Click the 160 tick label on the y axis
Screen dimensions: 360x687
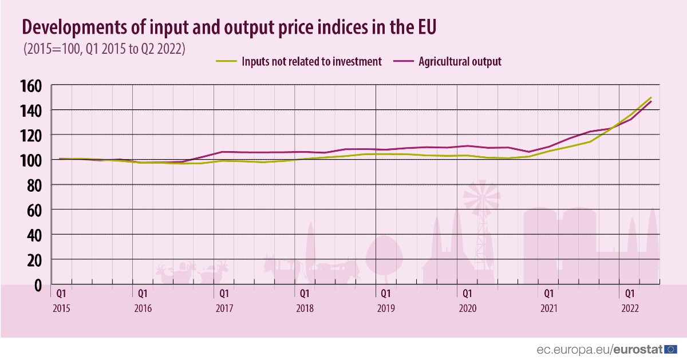tap(31, 86)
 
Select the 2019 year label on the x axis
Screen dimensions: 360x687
tap(386, 308)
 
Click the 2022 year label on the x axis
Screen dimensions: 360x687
tap(630, 308)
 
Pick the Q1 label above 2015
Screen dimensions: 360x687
tap(61, 294)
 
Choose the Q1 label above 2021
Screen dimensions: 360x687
tap(548, 294)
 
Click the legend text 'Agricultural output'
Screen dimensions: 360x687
tap(460, 62)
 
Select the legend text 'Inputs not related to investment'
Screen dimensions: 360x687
tap(311, 62)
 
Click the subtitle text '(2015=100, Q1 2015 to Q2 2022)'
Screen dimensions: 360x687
tap(104, 49)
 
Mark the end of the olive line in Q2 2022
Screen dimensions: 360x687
tap(651, 98)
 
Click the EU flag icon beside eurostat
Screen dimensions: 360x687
tap(672, 349)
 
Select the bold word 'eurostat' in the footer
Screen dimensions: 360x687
tap(638, 349)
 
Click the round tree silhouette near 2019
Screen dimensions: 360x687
tap(385, 255)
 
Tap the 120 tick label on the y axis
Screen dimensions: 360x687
tap(31, 135)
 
